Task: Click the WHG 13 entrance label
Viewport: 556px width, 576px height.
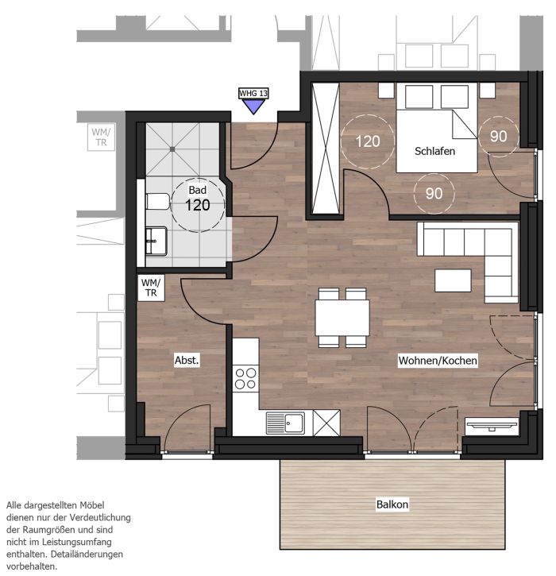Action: (253, 93)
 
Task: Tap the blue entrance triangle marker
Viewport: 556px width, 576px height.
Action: (253, 106)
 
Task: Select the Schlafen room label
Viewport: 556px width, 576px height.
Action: (434, 151)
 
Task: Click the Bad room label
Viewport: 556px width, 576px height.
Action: (197, 190)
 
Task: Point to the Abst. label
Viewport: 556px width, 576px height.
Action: (187, 361)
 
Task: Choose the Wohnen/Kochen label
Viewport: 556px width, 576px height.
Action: (438, 361)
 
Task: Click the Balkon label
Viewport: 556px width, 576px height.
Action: (392, 504)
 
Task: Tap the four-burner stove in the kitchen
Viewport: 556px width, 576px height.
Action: (245, 379)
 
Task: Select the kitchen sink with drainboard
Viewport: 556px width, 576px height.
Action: (285, 423)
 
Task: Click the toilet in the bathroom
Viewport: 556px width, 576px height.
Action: (158, 202)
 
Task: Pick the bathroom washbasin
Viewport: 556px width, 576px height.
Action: (156, 241)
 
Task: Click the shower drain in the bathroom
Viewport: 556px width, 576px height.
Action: (172, 149)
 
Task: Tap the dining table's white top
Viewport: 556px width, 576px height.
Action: (342, 317)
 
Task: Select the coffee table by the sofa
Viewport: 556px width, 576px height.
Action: (453, 280)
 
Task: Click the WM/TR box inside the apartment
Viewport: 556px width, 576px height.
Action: (151, 288)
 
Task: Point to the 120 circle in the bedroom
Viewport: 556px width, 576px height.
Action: (368, 141)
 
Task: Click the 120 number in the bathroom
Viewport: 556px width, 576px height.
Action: (198, 205)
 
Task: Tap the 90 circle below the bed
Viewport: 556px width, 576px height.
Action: (434, 194)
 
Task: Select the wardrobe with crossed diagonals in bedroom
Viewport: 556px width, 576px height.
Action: (326, 148)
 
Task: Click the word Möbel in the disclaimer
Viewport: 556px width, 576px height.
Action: (93, 505)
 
